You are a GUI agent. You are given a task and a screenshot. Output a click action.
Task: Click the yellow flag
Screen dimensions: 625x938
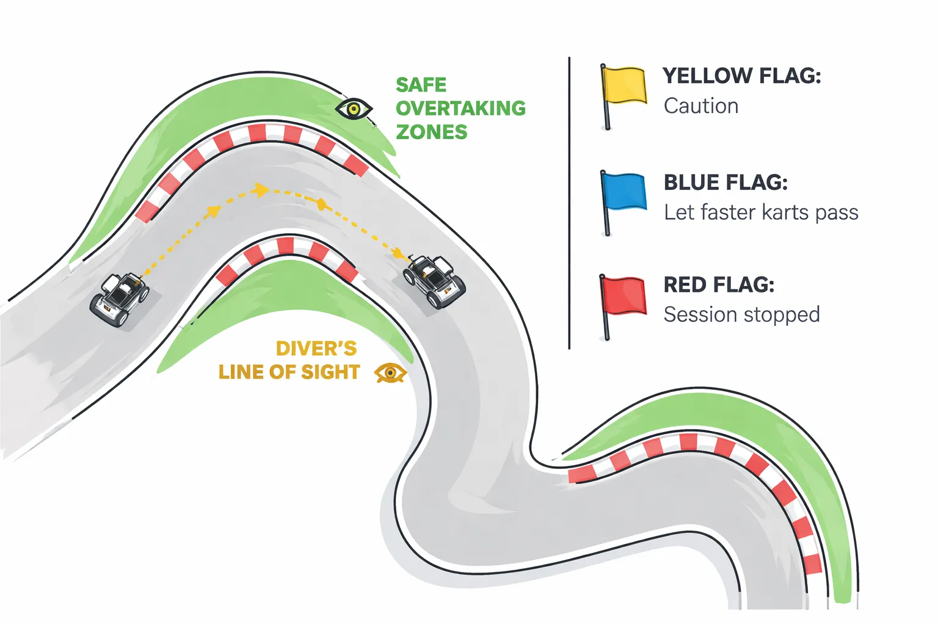624,85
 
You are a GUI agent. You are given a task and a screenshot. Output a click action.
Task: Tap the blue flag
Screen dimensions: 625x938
624,191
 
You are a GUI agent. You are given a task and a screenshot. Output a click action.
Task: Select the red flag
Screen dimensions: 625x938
624,295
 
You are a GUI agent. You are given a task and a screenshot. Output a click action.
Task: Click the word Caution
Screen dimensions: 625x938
701,106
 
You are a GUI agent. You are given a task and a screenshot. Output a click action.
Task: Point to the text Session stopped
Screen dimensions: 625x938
741,315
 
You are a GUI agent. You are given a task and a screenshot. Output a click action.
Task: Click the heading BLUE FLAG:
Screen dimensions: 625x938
725,182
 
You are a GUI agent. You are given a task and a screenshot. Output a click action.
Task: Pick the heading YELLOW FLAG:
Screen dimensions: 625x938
741,76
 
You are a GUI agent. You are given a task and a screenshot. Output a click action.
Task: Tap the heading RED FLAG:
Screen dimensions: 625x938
719,285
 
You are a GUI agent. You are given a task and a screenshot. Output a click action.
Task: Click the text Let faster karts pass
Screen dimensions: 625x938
761,212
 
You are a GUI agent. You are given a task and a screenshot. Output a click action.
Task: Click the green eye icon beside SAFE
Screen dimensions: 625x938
354,109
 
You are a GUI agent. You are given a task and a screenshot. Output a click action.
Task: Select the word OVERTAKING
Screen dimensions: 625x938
460,109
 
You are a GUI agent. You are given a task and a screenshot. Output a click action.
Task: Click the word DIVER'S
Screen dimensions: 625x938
316,349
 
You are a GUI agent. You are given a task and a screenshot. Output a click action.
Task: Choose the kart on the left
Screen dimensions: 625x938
120,298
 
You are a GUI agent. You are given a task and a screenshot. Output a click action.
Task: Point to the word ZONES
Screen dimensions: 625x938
431,132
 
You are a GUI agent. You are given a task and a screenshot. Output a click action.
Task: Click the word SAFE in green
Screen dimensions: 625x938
421,85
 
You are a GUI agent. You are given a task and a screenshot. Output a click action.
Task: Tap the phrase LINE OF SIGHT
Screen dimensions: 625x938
289,372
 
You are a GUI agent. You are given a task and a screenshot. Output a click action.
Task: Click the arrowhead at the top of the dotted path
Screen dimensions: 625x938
261,190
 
